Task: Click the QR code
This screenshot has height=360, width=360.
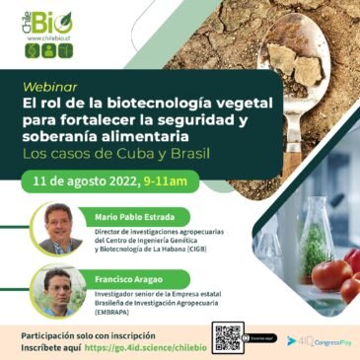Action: (228, 337)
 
